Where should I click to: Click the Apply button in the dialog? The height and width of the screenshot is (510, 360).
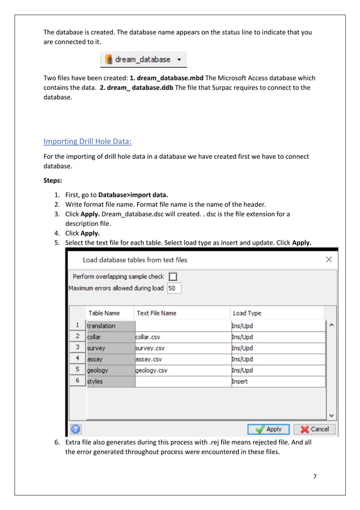pos(268,429)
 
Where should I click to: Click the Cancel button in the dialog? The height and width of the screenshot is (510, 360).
pos(314,429)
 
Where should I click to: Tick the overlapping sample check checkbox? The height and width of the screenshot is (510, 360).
pos(173,276)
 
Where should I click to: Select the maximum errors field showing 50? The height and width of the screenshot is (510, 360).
pos(174,288)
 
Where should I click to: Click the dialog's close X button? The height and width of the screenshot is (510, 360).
pos(328,260)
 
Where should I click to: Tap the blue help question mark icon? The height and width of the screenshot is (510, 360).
pos(75,429)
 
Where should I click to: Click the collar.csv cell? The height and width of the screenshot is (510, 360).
pos(182,337)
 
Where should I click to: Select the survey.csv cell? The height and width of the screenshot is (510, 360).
pos(182,348)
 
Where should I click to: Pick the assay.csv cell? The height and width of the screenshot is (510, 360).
pos(182,359)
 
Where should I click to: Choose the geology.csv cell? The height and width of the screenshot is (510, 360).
pos(182,370)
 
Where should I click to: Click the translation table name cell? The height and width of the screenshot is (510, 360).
pos(110,326)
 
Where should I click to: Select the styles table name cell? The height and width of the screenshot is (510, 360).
pos(110,382)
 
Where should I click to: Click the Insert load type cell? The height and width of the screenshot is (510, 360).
pos(278,382)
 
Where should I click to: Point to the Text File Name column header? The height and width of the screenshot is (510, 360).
pos(156,313)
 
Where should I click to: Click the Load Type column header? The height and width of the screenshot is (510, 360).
pos(247,313)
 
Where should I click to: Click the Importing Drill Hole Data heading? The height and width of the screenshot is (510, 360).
pos(87,141)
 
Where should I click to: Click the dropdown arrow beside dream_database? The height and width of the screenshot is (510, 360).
pos(179,59)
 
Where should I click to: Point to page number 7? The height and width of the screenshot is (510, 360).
pos(315,476)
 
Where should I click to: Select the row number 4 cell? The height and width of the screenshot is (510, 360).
pos(77,359)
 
